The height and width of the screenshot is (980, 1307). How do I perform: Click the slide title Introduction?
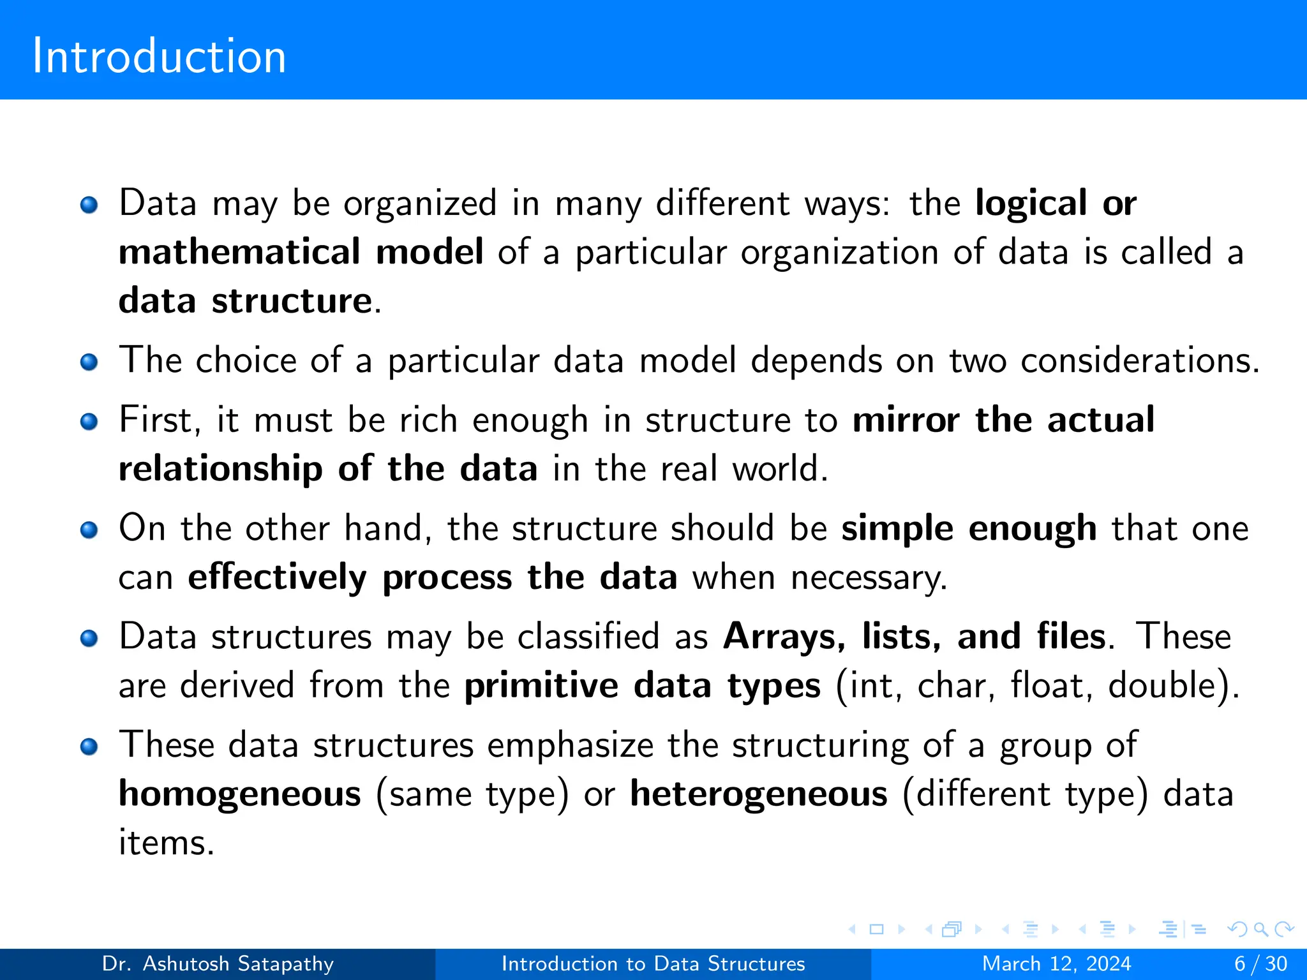tap(159, 56)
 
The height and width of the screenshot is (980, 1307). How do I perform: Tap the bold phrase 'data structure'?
tap(246, 301)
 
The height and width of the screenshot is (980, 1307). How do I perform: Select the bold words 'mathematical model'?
tap(301, 251)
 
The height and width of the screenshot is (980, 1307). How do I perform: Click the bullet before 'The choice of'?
tap(89, 362)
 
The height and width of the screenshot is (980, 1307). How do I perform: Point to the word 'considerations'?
tap(1138, 360)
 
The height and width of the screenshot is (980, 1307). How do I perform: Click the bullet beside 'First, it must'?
tap(89, 422)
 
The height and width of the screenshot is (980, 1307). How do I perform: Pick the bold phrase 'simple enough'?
tap(968, 529)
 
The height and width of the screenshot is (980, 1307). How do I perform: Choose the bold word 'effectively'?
tap(277, 577)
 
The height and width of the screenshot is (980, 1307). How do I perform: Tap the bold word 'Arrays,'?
tap(784, 637)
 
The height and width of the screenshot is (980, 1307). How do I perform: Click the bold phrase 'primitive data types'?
tap(642, 686)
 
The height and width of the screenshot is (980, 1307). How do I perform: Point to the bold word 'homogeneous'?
tap(240, 794)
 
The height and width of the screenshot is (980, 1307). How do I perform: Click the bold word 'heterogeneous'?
tap(758, 794)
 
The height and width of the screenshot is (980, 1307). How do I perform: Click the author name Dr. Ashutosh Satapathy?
tap(218, 963)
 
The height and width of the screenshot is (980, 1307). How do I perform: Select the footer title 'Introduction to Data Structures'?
tap(653, 963)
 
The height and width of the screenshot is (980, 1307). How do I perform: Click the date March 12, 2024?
tap(1056, 963)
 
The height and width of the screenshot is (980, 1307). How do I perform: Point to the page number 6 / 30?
tap(1260, 963)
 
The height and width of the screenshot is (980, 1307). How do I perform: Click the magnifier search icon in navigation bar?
tap(1260, 929)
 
